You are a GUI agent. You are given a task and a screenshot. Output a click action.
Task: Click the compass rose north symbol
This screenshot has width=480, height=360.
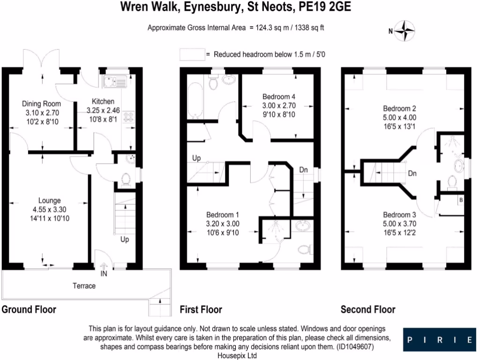pos(404,31)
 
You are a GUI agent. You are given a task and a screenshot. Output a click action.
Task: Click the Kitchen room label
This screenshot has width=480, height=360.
pos(103,101)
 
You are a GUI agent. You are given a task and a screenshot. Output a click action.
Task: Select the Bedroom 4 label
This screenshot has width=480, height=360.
pos(278,97)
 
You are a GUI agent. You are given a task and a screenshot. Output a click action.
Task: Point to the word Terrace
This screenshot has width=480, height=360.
pos(84,285)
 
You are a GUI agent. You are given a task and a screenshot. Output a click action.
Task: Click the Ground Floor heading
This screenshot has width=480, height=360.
pos(29,309)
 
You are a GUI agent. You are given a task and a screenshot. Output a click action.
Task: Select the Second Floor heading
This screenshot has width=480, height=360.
pos(368,309)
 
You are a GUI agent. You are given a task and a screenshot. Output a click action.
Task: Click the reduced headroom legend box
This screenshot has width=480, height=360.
pos(192,54)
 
